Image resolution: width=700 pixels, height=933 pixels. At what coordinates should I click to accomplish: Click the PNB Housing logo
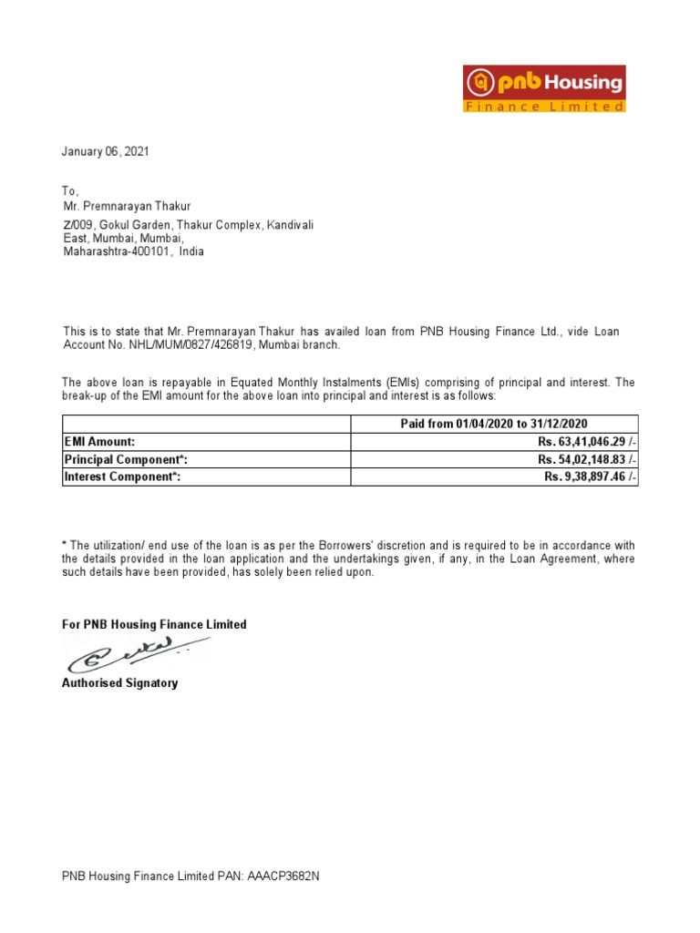point(545,89)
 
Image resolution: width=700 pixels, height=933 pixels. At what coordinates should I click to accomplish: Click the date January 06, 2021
point(105,152)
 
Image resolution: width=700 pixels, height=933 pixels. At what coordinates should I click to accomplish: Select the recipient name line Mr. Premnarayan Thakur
point(127,207)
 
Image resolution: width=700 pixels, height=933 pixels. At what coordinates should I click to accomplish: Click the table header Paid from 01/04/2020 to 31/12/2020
point(494,424)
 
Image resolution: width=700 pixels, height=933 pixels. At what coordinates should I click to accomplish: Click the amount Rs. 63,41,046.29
point(586,442)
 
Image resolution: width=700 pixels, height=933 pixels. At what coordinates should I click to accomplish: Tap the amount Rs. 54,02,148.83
point(586,459)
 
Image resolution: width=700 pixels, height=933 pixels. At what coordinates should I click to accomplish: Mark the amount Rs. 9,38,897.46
point(590,477)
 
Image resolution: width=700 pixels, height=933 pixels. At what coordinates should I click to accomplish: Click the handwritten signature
point(128,654)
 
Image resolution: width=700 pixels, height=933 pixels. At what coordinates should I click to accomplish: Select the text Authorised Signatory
point(119,682)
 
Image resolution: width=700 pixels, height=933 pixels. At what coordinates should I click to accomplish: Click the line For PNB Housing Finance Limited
point(154,625)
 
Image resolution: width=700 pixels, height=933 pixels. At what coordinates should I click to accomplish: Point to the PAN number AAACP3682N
point(283,877)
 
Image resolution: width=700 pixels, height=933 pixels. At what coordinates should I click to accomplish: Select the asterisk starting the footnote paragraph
point(64,545)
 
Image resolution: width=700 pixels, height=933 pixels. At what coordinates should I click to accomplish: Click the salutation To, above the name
point(70,191)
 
